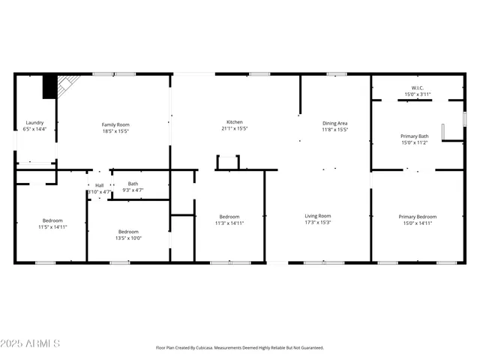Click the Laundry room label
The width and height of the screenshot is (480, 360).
[35, 122]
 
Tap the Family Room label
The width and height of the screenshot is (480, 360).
[116, 124]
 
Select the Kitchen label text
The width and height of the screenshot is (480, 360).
[235, 122]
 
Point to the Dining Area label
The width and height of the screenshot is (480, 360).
[335, 123]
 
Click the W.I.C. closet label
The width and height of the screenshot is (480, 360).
[418, 88]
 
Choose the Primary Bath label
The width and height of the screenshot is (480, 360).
[415, 136]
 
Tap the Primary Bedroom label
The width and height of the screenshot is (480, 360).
[417, 216]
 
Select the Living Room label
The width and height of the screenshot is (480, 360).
[318, 216]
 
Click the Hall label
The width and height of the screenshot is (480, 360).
[99, 185]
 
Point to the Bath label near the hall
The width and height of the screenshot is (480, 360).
[133, 184]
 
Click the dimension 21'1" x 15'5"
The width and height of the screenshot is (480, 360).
[235, 129]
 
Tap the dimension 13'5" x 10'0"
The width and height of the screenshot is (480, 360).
[129, 238]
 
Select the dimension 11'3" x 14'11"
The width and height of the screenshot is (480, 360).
[229, 223]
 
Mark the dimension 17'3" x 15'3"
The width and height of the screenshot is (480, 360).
[318, 223]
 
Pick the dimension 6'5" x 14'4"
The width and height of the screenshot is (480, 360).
[35, 129]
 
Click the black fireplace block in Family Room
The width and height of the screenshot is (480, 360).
[49, 88]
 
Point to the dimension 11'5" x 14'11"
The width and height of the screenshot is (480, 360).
[52, 226]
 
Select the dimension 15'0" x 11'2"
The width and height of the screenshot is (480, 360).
[415, 142]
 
